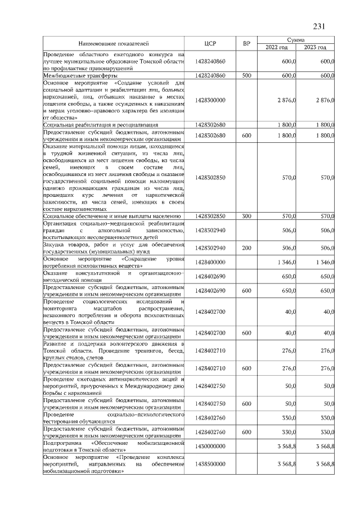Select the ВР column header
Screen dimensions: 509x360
click(246, 43)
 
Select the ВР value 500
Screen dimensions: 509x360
click(246, 75)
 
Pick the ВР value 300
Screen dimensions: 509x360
click(246, 216)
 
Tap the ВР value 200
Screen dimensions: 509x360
click(246, 247)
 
